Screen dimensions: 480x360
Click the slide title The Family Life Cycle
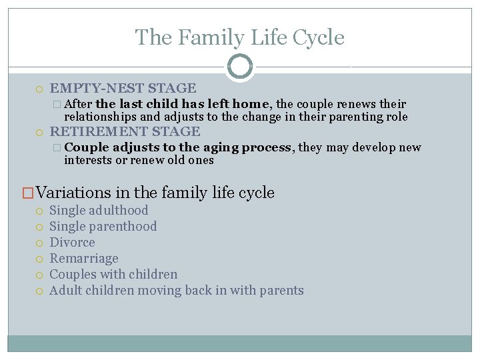click(x=240, y=37)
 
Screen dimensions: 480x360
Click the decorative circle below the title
click(x=240, y=67)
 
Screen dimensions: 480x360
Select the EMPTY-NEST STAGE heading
click(x=123, y=88)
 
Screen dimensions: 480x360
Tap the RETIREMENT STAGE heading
click(x=125, y=131)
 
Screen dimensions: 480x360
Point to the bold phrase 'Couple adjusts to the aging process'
click(x=179, y=147)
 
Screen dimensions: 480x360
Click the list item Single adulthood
click(x=99, y=210)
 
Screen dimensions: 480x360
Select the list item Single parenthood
click(x=103, y=226)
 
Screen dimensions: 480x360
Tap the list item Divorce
click(x=73, y=242)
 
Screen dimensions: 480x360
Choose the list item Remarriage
click(x=84, y=258)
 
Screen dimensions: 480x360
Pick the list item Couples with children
click(x=114, y=274)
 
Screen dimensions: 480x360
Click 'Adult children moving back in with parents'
click(x=177, y=290)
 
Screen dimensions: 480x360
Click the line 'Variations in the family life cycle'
click(x=155, y=193)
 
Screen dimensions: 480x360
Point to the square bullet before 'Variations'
click(x=28, y=193)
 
